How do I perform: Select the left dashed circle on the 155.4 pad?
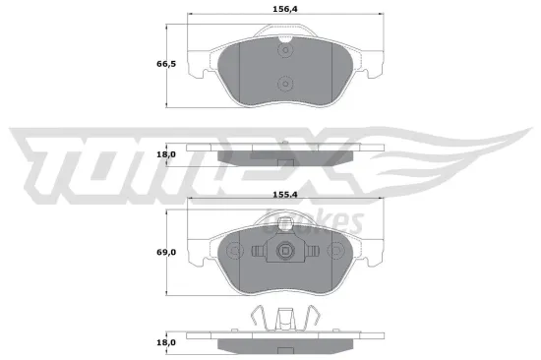pos(234,250)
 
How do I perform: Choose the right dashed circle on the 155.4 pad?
pos(333,250)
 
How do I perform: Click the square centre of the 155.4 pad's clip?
pos(284,251)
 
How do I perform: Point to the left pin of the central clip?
pos(257,252)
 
